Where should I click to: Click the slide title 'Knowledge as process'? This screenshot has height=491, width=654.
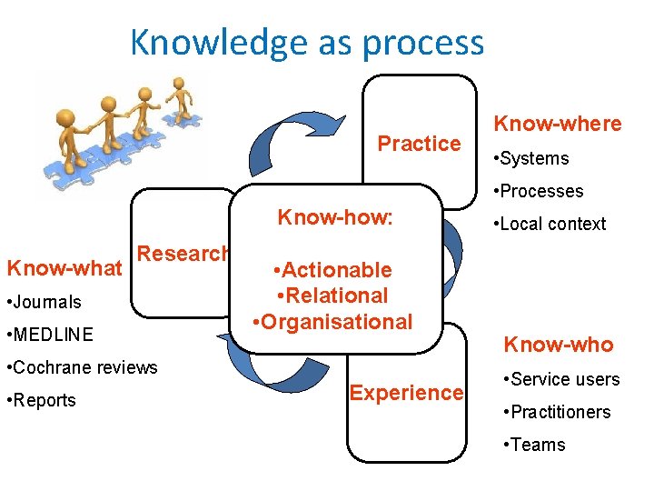pos(307,42)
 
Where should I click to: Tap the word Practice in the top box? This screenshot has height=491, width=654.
pos(419,144)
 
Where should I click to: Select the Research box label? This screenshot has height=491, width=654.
pos(183,254)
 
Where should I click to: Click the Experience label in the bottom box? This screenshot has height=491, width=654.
pos(406,393)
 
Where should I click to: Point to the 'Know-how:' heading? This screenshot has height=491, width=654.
pos(335,217)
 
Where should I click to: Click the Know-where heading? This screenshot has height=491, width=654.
pos(557,124)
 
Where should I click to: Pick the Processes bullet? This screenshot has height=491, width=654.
pos(537,191)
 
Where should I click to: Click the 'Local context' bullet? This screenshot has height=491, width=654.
pos(548,224)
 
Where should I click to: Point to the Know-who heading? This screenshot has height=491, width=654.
pos(559,345)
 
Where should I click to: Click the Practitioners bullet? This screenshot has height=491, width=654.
pos(557,412)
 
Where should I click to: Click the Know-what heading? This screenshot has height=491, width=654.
pos(64,268)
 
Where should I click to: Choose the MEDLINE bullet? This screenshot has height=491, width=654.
pos(50,335)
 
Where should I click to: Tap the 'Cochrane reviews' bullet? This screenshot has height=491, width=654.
pos(82,367)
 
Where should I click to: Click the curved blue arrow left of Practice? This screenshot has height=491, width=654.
pos(291,140)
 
